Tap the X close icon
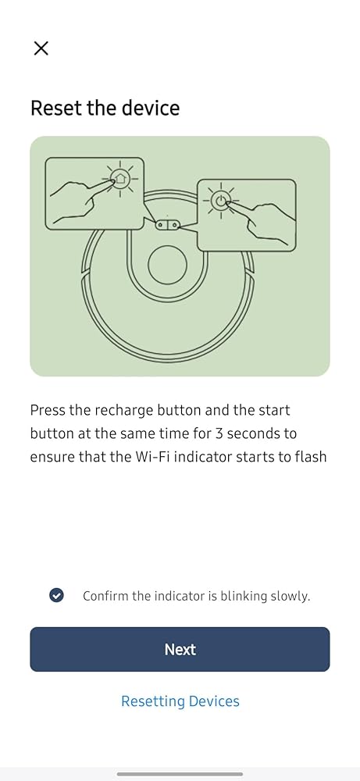[x=41, y=48]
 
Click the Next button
[x=180, y=649]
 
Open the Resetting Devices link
[x=180, y=701]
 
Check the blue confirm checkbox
[x=56, y=594]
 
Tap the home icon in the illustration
[x=120, y=178]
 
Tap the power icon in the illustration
[x=220, y=201]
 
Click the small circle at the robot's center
[x=167, y=265]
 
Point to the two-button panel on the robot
[x=167, y=225]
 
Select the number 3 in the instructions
[x=219, y=433]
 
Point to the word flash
[x=308, y=456]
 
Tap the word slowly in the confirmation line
[x=290, y=596]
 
